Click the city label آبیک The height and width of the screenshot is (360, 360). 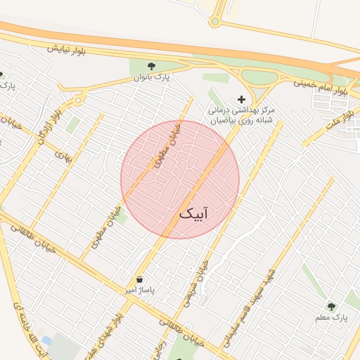pyautogui.click(x=195, y=212)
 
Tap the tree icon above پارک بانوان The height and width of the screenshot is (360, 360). pyautogui.click(x=151, y=65)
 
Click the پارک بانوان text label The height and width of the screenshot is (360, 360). pyautogui.click(x=152, y=77)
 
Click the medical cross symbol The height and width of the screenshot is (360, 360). pyautogui.click(x=241, y=99)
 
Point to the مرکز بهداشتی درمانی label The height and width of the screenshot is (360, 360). pyautogui.click(x=241, y=110)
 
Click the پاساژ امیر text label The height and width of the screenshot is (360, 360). pyautogui.click(x=139, y=290)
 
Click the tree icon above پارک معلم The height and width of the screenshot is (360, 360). pyautogui.click(x=331, y=307)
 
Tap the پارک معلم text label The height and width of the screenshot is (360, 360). pyautogui.click(x=331, y=319)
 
